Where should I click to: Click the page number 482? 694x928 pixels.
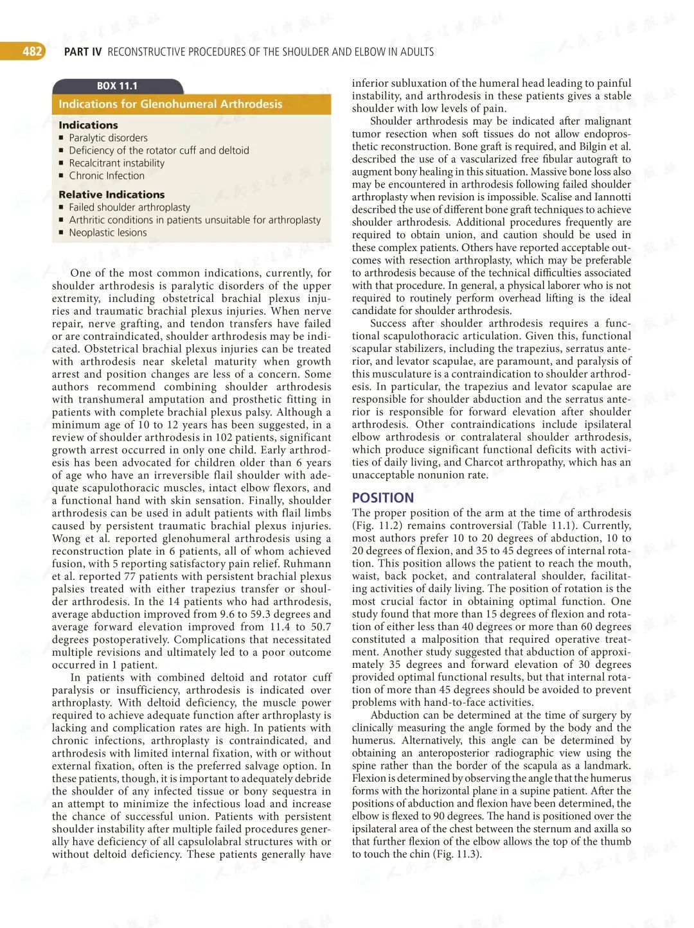coord(31,51)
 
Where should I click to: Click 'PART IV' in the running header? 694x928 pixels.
coord(83,52)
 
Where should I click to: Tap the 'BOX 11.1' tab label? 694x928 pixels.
coord(117,86)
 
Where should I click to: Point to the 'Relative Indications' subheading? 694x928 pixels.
coord(111,195)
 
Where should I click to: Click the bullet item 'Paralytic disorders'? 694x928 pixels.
coord(108,138)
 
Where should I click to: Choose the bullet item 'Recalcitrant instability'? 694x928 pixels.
coord(116,163)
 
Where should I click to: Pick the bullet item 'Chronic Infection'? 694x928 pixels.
coord(107,176)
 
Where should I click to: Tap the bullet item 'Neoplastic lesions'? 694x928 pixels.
coord(107,232)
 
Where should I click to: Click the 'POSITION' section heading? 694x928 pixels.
coord(383,498)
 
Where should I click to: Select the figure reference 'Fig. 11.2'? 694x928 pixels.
coord(375,526)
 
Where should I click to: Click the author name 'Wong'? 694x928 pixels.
coord(67,539)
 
